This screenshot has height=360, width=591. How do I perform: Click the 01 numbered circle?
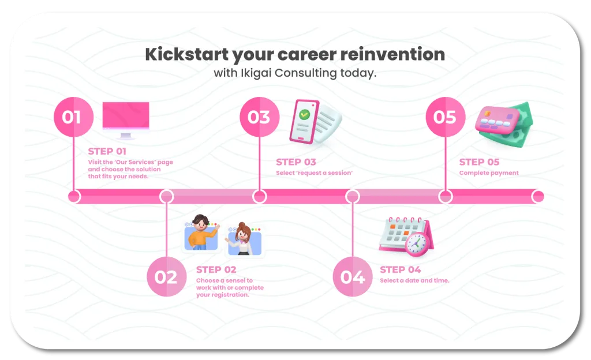73,117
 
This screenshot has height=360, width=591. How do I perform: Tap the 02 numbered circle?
167,277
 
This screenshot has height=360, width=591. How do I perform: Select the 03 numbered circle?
260,117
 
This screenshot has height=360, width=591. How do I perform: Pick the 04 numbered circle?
353,277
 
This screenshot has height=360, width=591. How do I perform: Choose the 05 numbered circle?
446,117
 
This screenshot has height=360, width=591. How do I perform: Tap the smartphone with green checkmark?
304,121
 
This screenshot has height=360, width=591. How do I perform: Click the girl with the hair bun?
242,239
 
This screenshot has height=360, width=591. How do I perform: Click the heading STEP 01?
107,151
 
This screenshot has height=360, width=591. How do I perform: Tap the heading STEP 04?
401,269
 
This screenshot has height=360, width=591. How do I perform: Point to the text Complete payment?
489,173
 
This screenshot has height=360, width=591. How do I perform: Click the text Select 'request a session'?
315,173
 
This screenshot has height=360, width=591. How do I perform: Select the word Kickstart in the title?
187,54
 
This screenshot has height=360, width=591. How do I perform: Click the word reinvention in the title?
392,54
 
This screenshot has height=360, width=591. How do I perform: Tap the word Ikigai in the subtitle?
256,73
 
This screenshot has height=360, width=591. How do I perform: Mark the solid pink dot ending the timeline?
538,197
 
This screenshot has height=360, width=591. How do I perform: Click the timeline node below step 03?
260,197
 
